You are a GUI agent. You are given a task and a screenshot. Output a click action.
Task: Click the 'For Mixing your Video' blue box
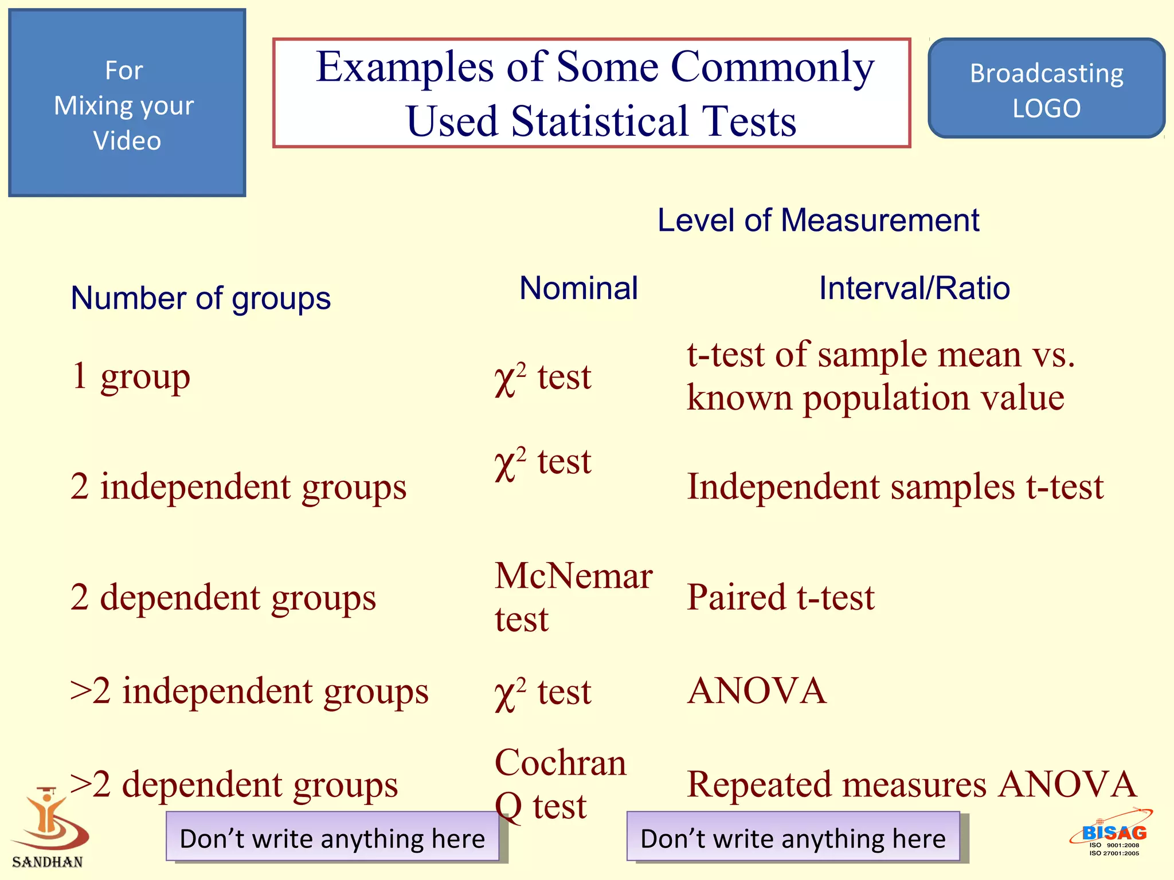pyautogui.click(x=127, y=103)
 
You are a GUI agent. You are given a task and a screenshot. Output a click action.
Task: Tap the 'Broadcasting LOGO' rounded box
pyautogui.click(x=1046, y=89)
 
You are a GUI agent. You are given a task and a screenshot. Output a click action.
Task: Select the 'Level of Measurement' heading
pyautogui.click(x=818, y=221)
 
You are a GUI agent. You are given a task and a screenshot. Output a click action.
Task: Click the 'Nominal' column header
pyautogui.click(x=578, y=288)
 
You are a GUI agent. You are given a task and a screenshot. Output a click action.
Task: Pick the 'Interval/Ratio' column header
pyautogui.click(x=914, y=288)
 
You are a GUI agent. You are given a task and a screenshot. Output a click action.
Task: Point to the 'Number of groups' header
pyautogui.click(x=200, y=298)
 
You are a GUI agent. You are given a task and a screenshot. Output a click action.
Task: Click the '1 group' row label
pyautogui.click(x=130, y=377)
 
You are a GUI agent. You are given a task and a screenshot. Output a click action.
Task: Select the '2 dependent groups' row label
pyautogui.click(x=223, y=598)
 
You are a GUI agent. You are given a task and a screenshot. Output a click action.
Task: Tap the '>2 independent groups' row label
pyautogui.click(x=249, y=691)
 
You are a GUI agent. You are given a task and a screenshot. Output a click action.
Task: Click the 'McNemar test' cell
pyautogui.click(x=573, y=597)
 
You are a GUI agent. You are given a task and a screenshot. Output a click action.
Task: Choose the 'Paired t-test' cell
pyautogui.click(x=780, y=598)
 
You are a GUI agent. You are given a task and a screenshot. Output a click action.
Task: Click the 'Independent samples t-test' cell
pyautogui.click(x=895, y=487)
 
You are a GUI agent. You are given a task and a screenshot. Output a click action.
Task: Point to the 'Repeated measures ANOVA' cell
pyautogui.click(x=911, y=784)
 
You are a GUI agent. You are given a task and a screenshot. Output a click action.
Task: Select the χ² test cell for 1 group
pyautogui.click(x=542, y=378)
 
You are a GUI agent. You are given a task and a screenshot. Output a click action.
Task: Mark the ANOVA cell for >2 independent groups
pyautogui.click(x=757, y=691)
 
